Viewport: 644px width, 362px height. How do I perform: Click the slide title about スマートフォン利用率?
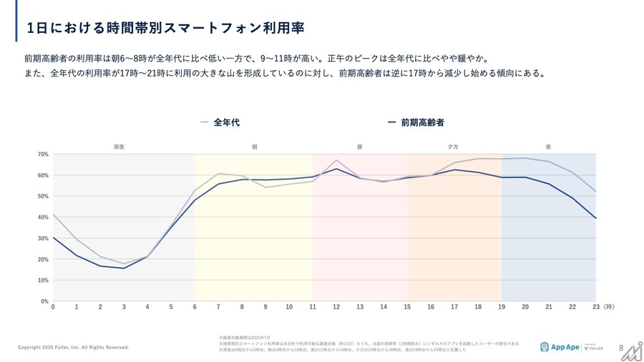165,28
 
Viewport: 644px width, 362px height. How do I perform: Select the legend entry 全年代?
226,122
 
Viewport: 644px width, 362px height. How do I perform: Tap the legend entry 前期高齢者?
422,122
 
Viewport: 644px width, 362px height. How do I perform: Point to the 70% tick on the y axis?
43,155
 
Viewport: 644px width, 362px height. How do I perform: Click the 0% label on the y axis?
44,301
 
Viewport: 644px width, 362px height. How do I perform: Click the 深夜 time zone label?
119,147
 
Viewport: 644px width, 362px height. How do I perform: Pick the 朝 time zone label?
254,147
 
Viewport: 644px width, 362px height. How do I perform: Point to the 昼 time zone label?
359,147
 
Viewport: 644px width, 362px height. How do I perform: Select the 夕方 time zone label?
453,147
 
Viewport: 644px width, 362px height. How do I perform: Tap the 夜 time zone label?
548,147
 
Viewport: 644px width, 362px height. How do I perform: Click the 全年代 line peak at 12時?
336,160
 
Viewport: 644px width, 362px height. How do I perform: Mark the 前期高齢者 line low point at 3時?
124,268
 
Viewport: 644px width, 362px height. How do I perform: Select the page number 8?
620,348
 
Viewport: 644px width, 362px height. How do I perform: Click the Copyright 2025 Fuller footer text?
73,348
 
